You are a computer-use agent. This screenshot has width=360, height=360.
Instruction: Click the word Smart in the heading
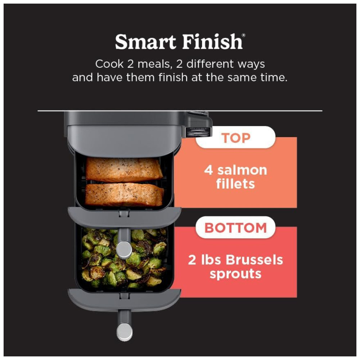tap(145, 42)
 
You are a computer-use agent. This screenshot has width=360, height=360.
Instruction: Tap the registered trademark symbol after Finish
tap(244, 35)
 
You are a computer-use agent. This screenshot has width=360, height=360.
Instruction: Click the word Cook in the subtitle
tap(109, 64)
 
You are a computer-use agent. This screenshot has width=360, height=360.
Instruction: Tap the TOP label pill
tap(235, 138)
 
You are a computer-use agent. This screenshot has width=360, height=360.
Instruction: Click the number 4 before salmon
tap(208, 170)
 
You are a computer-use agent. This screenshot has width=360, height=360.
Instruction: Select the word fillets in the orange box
tap(235, 184)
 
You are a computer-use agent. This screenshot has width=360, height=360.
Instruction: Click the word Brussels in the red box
tap(255, 260)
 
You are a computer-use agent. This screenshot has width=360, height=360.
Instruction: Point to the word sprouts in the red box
tap(235, 274)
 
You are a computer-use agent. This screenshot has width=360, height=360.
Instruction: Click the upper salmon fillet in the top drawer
tap(124, 170)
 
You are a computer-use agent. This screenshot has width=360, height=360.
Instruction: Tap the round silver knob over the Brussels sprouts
tap(124, 250)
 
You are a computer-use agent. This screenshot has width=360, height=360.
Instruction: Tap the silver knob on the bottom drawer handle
tap(125, 332)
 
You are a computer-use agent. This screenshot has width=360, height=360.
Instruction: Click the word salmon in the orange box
tap(242, 170)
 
